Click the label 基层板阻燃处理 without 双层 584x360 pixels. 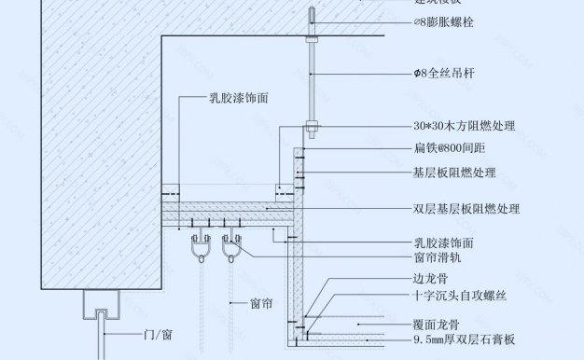454,173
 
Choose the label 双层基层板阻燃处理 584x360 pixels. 466,209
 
